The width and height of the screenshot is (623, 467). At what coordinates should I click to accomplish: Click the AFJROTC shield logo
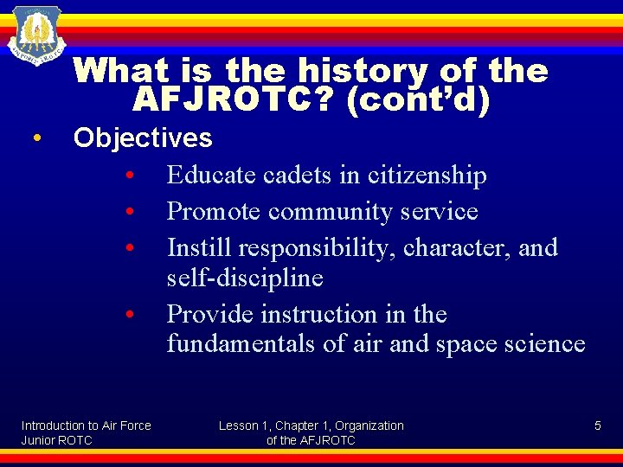click(x=36, y=35)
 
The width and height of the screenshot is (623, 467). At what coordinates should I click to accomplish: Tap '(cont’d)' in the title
click(x=417, y=100)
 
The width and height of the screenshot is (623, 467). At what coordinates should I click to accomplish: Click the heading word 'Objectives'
click(x=143, y=138)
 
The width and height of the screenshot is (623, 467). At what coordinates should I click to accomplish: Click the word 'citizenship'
click(x=427, y=176)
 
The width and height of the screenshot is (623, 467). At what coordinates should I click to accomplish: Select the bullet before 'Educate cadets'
click(x=128, y=176)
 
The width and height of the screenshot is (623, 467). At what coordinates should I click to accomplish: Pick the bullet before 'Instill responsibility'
click(x=128, y=249)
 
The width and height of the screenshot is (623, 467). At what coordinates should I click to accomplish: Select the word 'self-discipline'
click(x=245, y=278)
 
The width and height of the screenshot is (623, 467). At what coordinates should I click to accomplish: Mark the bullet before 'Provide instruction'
click(x=128, y=315)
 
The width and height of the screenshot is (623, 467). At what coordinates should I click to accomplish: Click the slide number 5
click(x=597, y=425)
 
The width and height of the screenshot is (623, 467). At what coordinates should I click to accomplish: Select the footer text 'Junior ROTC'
click(x=56, y=440)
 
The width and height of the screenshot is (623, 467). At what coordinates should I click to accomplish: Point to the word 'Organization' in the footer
click(x=369, y=425)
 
